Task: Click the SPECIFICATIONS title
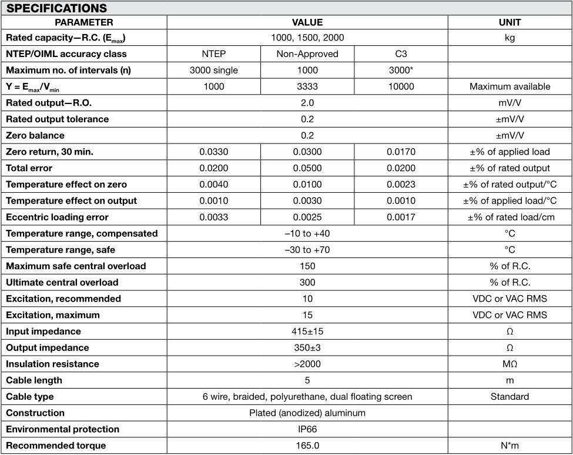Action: pyautogui.click(x=56, y=8)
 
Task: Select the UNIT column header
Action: pyautogui.click(x=509, y=22)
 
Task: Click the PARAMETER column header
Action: pyautogui.click(x=84, y=22)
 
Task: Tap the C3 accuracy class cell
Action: pyautogui.click(x=401, y=53)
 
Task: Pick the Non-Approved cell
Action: pyautogui.click(x=307, y=53)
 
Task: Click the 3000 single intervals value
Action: pyautogui.click(x=214, y=70)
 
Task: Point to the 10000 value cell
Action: pyautogui.click(x=401, y=86)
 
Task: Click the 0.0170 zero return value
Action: pyautogui.click(x=401, y=152)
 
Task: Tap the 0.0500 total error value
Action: pyautogui.click(x=307, y=168)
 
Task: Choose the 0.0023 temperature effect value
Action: pyautogui.click(x=401, y=185)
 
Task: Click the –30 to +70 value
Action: pyautogui.click(x=307, y=250)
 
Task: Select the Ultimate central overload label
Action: pyautogui.click(x=62, y=282)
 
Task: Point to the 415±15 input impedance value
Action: pyautogui.click(x=307, y=331)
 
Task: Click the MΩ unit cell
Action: pyautogui.click(x=509, y=364)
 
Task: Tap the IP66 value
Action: pyautogui.click(x=307, y=429)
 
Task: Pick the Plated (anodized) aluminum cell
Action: pyautogui.click(x=307, y=413)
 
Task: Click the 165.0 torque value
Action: pyautogui.click(x=307, y=446)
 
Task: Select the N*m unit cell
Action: pyautogui.click(x=509, y=446)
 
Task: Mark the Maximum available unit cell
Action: pyautogui.click(x=509, y=86)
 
